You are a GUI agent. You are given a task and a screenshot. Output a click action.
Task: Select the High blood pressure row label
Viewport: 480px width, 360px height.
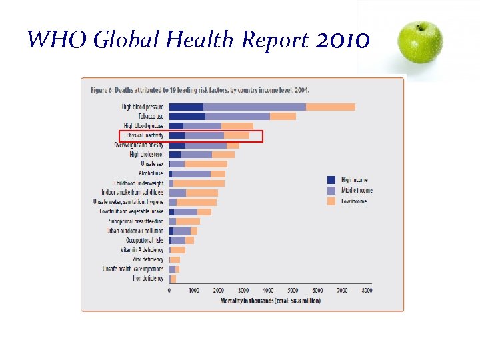[143, 107]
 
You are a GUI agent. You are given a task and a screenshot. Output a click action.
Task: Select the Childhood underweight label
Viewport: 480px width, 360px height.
[139, 183]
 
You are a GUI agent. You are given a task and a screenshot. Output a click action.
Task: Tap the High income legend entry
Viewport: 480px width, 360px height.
[353, 180]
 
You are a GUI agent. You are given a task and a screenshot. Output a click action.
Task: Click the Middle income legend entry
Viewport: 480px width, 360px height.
[356, 190]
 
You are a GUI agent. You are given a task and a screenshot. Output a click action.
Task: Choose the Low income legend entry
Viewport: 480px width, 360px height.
[353, 201]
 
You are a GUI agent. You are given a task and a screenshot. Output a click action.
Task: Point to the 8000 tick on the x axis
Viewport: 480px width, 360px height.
[366, 291]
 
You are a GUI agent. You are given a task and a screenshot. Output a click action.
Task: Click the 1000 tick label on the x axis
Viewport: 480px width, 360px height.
[194, 291]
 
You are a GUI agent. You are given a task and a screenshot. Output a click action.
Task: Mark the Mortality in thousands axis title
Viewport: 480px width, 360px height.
[270, 301]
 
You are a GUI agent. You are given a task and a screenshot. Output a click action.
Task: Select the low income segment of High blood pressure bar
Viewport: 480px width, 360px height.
[330, 107]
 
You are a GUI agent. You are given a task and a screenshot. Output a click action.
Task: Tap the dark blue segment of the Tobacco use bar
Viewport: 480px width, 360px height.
[187, 116]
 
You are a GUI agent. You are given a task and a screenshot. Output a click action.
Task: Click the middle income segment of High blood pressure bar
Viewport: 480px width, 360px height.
[254, 107]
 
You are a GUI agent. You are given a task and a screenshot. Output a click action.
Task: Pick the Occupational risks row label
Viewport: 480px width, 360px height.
[145, 240]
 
